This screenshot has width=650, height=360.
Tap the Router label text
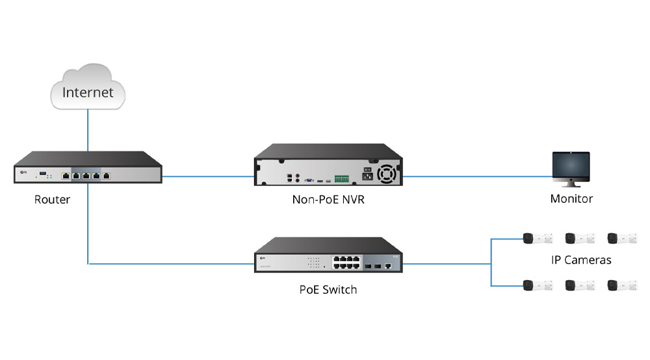click(52, 199)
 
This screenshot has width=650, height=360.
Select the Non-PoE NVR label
click(328, 199)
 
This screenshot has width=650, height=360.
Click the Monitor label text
click(571, 199)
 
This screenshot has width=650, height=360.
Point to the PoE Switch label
click(328, 289)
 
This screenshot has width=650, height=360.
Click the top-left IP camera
click(538, 238)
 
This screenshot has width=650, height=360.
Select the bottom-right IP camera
click(621, 285)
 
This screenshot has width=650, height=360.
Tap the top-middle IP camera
click(579, 238)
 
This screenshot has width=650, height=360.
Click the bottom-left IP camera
click(538, 285)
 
